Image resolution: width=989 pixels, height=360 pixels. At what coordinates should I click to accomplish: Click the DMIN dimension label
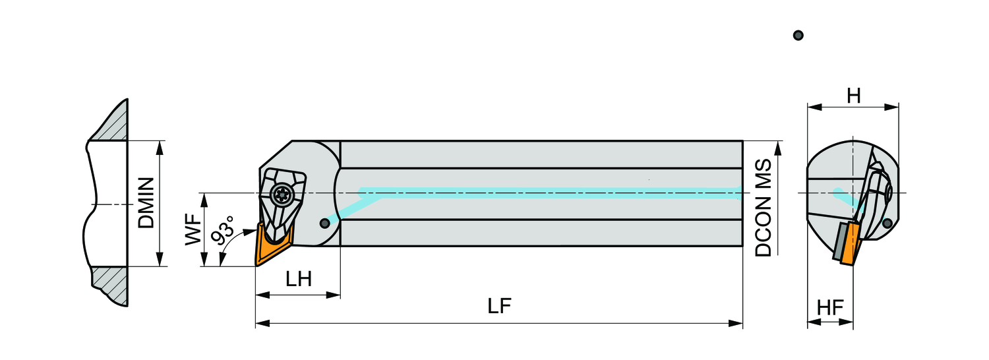[x=146, y=203]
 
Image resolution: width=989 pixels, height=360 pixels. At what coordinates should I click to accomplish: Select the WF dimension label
[x=193, y=229]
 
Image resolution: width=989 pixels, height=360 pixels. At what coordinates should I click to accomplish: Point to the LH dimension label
[x=299, y=279]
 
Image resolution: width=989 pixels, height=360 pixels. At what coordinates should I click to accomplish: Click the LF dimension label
[x=499, y=306]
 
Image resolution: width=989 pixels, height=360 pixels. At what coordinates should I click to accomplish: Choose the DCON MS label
[x=764, y=208]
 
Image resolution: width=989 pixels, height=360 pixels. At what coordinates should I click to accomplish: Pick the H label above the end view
[x=853, y=96]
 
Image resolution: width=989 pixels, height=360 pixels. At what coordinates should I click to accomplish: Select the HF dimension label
[x=830, y=307]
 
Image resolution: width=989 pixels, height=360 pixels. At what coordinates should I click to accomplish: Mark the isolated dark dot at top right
[x=798, y=36]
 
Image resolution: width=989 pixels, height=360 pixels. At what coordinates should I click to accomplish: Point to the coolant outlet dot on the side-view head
[x=324, y=223]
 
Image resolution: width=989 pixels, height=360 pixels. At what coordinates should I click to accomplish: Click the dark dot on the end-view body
[x=887, y=223]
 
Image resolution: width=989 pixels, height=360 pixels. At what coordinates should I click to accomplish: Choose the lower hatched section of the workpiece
[x=110, y=285]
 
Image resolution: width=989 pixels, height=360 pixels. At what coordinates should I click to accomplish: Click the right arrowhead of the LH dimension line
[x=333, y=295]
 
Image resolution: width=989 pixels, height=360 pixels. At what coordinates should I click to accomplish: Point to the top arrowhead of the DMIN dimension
[x=160, y=148]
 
